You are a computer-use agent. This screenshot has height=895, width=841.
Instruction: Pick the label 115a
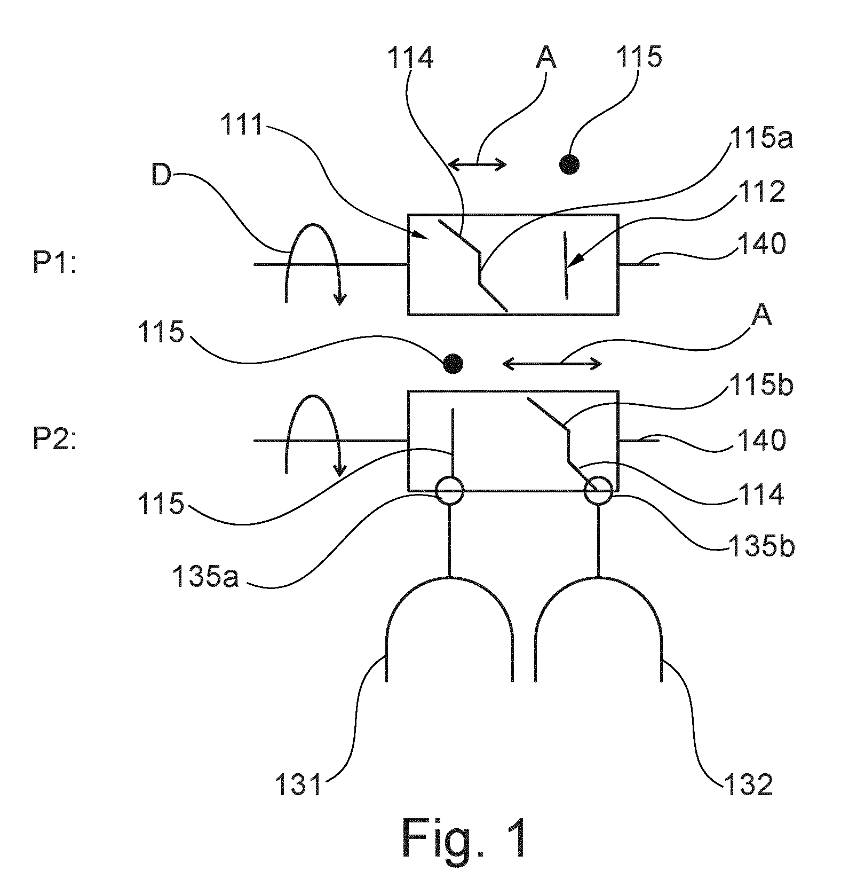tap(760, 139)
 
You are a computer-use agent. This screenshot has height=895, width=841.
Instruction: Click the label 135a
tap(205, 577)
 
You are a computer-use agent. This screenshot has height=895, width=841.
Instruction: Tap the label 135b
tap(761, 547)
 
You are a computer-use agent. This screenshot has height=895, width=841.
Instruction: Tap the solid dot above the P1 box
tap(569, 164)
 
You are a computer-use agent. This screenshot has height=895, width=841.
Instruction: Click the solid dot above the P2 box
tap(453, 364)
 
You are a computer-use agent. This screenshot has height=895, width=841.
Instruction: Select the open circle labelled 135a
tap(450, 491)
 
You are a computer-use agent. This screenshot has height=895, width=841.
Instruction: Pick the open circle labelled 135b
tap(598, 491)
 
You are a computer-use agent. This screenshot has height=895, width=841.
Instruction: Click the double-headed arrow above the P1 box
tap(477, 164)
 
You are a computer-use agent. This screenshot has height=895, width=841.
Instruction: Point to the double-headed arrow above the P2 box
tap(553, 364)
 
